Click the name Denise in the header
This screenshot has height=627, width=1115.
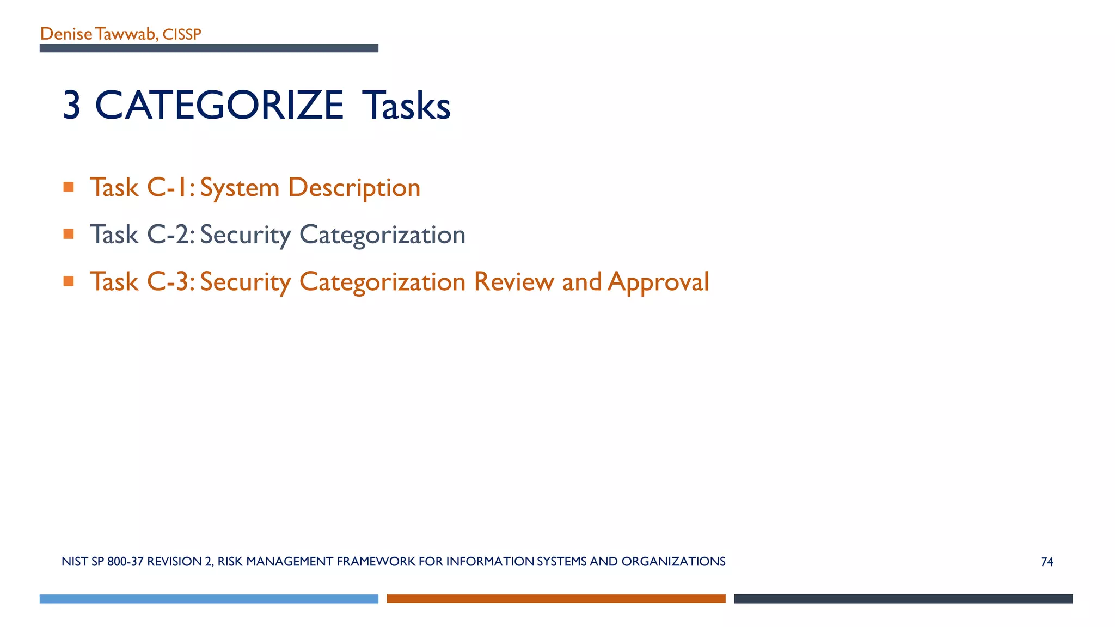(x=66, y=34)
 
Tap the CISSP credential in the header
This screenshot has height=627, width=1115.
(x=182, y=34)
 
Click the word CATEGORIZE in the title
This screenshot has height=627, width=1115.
(x=219, y=105)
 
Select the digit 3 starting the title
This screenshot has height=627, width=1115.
(x=72, y=105)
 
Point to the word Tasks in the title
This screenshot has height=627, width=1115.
(x=407, y=105)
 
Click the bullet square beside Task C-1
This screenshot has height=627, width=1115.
(x=69, y=187)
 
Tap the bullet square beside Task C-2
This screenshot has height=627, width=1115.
(x=69, y=234)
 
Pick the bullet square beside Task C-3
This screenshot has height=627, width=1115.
(x=69, y=281)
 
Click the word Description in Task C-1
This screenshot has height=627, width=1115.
(x=354, y=188)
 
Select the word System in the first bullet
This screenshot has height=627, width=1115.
(x=240, y=188)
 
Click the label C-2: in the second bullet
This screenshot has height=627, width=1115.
(x=170, y=235)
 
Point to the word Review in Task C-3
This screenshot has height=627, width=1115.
(x=514, y=281)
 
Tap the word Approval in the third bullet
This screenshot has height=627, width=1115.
(x=658, y=282)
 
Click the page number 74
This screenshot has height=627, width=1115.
(x=1047, y=562)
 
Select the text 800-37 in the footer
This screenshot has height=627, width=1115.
(x=125, y=562)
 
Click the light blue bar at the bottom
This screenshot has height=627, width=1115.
(x=209, y=599)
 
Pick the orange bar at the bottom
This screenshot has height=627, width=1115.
(x=556, y=599)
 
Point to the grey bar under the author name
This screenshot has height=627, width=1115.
(x=209, y=48)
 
